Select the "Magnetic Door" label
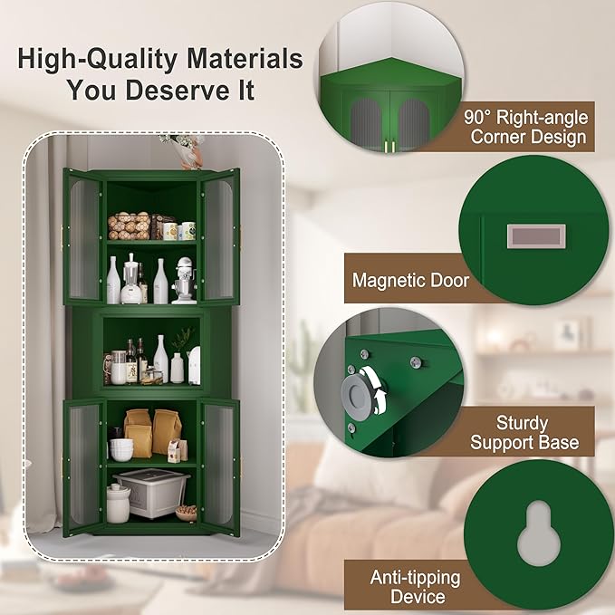click(x=410, y=280)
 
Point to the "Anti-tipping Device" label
click(x=415, y=586)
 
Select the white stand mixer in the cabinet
click(x=184, y=281)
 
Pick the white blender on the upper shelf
click(x=130, y=278)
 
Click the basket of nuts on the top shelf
click(x=129, y=226)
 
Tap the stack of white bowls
click(x=121, y=449)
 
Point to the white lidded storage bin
click(x=150, y=493)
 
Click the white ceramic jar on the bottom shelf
click(x=118, y=503)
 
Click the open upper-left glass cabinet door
click(x=84, y=237)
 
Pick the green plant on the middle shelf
click(x=184, y=339)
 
